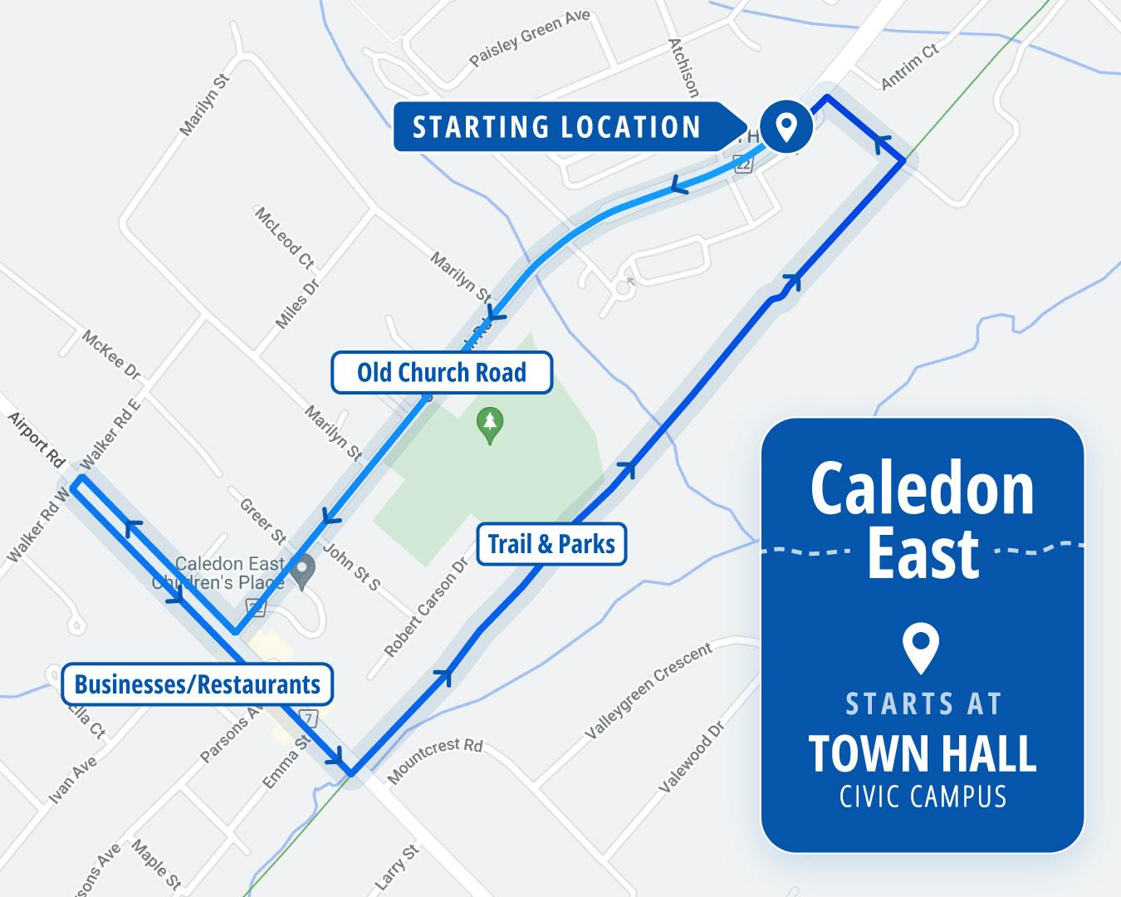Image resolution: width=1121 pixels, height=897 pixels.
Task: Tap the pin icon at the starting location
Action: pyautogui.click(x=786, y=127)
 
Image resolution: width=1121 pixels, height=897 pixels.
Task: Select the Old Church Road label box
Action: pyautogui.click(x=442, y=372)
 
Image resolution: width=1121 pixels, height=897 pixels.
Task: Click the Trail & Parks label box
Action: pyautogui.click(x=551, y=545)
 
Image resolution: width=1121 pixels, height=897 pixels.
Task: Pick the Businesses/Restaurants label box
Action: pyautogui.click(x=198, y=684)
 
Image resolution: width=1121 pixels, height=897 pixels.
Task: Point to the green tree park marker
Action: pyautogui.click(x=490, y=424)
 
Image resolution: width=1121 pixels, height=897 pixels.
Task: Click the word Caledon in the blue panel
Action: pyautogui.click(x=923, y=490)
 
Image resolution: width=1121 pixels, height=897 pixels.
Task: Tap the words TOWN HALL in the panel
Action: pyautogui.click(x=923, y=753)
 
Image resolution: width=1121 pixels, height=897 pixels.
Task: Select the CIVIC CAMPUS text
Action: pyautogui.click(x=923, y=797)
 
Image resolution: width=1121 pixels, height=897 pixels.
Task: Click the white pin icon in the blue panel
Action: pyautogui.click(x=922, y=648)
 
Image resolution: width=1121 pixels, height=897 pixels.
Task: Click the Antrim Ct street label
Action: pyautogui.click(x=908, y=66)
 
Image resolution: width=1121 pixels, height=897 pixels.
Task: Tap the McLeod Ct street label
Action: pyautogui.click(x=284, y=238)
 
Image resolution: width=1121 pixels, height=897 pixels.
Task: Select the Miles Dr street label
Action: pyautogui.click(x=296, y=304)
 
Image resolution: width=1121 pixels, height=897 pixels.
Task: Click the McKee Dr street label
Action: pyautogui.click(x=111, y=355)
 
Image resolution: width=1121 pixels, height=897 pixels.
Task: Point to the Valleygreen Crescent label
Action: pyautogui.click(x=649, y=691)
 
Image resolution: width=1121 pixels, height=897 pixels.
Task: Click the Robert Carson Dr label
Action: pyautogui.click(x=427, y=607)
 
